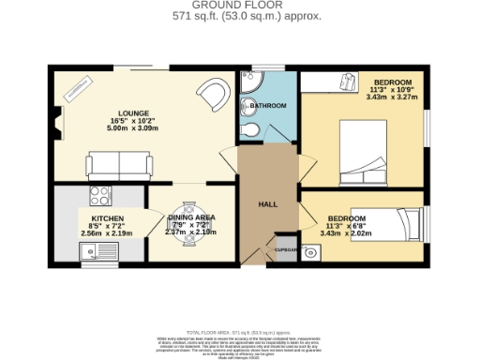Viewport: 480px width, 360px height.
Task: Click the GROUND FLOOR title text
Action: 239,5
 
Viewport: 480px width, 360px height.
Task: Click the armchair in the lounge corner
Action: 213,93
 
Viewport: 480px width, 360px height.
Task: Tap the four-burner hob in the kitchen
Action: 98,196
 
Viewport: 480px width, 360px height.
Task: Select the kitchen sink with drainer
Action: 92,249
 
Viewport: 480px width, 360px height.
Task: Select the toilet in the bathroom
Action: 251,128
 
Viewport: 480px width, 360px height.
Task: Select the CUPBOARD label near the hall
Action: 286,250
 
